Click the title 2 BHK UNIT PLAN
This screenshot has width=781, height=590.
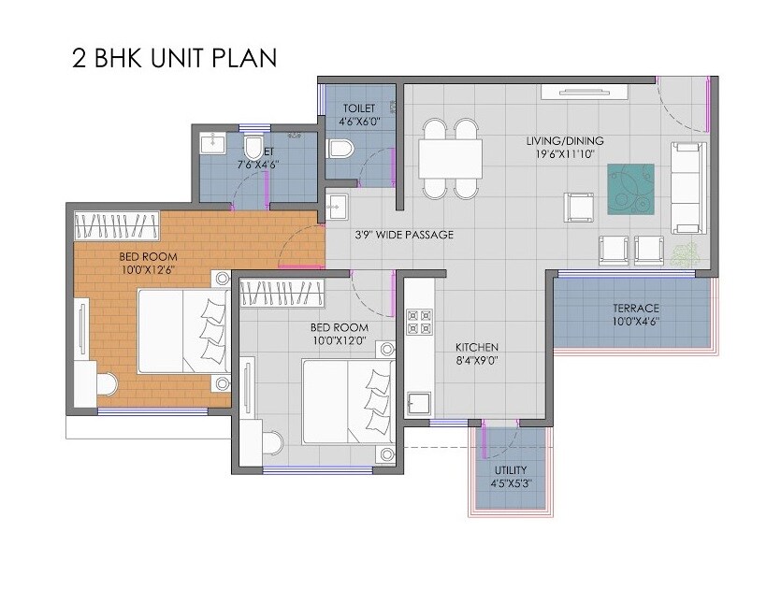tap(174, 58)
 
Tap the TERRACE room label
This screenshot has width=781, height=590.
tap(636, 309)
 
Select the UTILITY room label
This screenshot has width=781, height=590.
tap(510, 469)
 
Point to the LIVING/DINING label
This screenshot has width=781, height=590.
tap(560, 141)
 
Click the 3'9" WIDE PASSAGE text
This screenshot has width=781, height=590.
tap(404, 235)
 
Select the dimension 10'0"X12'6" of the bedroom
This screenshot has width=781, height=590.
tap(148, 269)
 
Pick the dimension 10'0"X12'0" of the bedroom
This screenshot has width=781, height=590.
tap(339, 341)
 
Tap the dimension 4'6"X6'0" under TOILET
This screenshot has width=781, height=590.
tap(359, 122)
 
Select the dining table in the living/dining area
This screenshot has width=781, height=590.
tap(450, 158)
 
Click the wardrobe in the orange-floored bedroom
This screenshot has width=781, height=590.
tap(116, 225)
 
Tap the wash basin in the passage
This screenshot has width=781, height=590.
tap(336, 206)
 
